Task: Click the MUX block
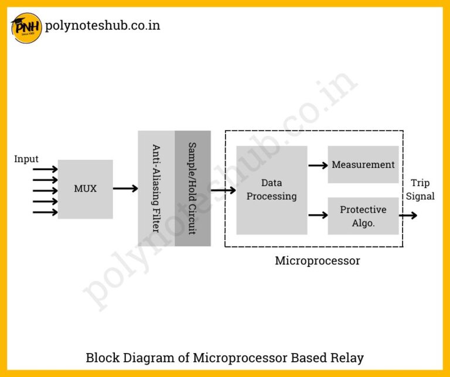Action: (x=85, y=189)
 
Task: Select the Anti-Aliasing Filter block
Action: (x=156, y=188)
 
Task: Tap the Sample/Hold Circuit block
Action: (x=192, y=188)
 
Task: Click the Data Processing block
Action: (x=271, y=190)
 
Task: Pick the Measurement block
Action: (x=363, y=164)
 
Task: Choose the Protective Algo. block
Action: (x=363, y=216)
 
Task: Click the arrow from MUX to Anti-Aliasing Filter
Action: (x=125, y=188)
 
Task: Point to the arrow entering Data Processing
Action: (x=223, y=190)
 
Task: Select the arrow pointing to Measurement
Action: (x=318, y=165)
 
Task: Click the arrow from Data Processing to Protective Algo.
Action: (x=318, y=215)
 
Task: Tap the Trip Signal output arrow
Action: (x=408, y=215)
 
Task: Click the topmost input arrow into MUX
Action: (x=45, y=170)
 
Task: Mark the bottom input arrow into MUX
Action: (x=45, y=212)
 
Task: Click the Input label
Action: (x=26, y=159)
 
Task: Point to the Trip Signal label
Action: (x=420, y=190)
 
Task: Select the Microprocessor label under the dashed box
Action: (x=317, y=261)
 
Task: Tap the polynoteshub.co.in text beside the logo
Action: (x=102, y=26)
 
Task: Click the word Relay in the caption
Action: (x=346, y=358)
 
